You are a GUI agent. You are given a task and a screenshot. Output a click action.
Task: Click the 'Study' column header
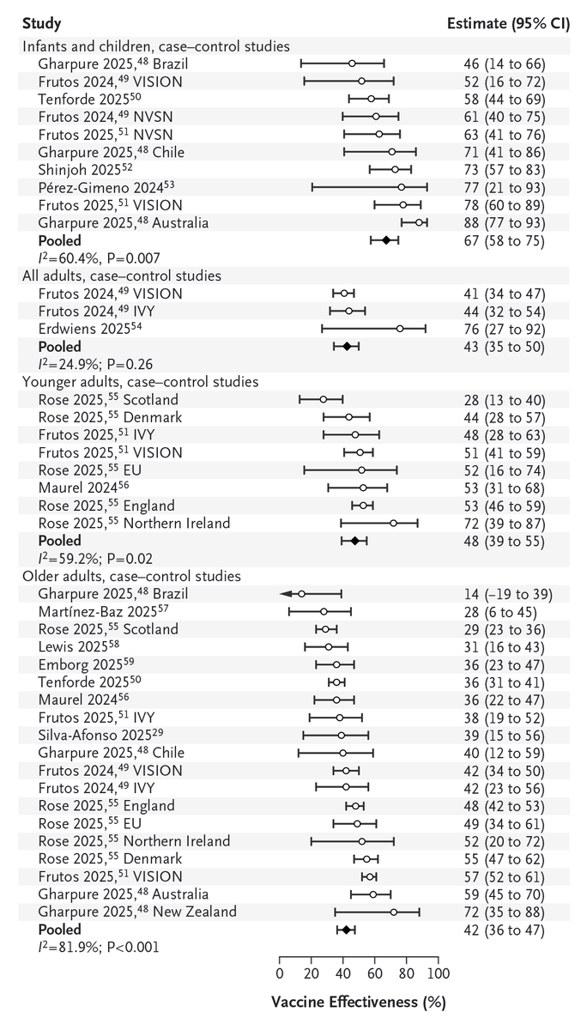tap(40, 22)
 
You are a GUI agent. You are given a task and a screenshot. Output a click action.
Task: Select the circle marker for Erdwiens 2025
tap(399, 328)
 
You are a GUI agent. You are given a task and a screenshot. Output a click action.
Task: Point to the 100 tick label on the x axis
tap(439, 973)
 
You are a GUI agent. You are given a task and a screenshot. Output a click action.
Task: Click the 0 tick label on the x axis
tap(280, 973)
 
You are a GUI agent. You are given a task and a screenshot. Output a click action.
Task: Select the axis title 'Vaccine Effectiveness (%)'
tap(359, 1002)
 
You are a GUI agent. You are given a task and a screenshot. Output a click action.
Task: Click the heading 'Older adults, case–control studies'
tap(130, 576)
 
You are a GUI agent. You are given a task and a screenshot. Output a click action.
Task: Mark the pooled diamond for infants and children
tap(386, 242)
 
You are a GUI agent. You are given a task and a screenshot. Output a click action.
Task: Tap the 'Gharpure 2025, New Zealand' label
tap(137, 912)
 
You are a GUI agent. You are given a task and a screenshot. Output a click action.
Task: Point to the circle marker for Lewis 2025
tap(329, 647)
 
